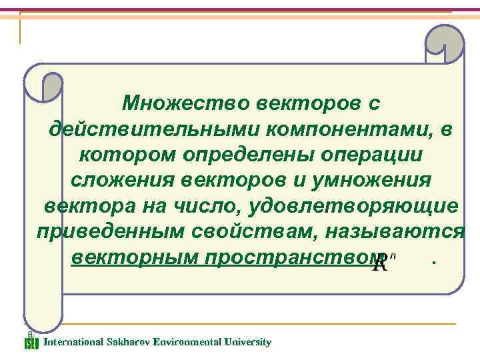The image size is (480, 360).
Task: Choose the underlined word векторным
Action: point(129,257)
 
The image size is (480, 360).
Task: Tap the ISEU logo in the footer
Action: point(31,341)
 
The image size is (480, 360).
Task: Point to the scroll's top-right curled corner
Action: point(443,44)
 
